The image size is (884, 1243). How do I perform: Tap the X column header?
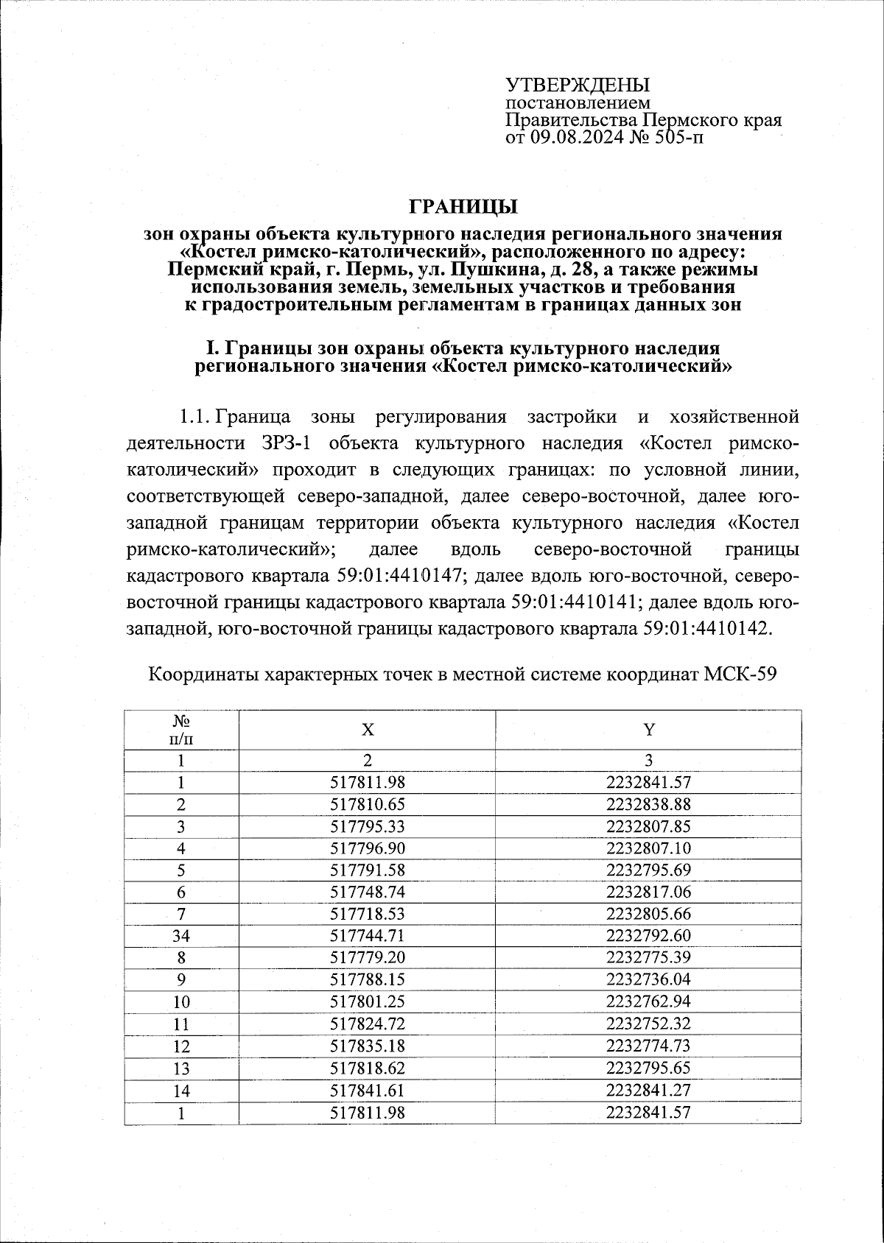click(367, 730)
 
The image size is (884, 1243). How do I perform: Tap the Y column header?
click(648, 730)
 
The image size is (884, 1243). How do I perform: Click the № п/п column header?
click(181, 730)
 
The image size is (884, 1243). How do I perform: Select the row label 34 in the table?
click(181, 937)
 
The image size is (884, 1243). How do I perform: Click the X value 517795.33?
click(367, 826)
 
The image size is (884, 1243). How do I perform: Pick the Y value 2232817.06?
click(648, 892)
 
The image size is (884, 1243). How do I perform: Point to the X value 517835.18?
click(367, 1046)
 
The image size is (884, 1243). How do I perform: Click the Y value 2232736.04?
click(648, 980)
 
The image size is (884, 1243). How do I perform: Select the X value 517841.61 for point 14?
click(367, 1090)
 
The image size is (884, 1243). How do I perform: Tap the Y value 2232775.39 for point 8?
click(648, 958)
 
